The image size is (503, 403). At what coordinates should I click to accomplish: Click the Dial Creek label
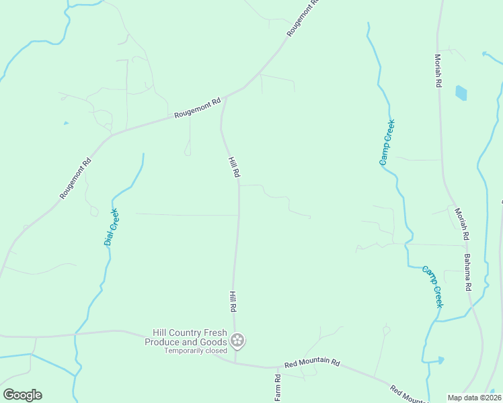tap(112, 227)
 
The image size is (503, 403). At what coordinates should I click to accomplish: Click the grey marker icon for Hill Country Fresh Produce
tap(237, 341)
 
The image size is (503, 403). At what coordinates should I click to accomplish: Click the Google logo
tap(22, 395)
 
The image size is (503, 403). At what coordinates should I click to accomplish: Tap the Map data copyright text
tap(475, 398)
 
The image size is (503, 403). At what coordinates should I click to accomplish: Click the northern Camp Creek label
tap(387, 142)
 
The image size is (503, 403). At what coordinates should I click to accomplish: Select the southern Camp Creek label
tap(433, 287)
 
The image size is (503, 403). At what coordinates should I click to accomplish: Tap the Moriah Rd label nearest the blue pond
tap(438, 71)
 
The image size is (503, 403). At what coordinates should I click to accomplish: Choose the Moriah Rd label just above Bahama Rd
tap(461, 224)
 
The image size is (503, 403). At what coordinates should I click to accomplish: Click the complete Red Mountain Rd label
tap(311, 363)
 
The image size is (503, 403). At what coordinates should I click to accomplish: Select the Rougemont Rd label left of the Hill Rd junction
tap(197, 109)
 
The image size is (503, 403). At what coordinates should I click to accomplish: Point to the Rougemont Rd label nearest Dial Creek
tap(75, 179)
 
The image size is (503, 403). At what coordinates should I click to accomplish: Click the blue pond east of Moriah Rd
tap(461, 93)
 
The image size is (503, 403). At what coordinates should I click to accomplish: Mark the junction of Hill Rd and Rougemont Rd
tap(225, 97)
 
